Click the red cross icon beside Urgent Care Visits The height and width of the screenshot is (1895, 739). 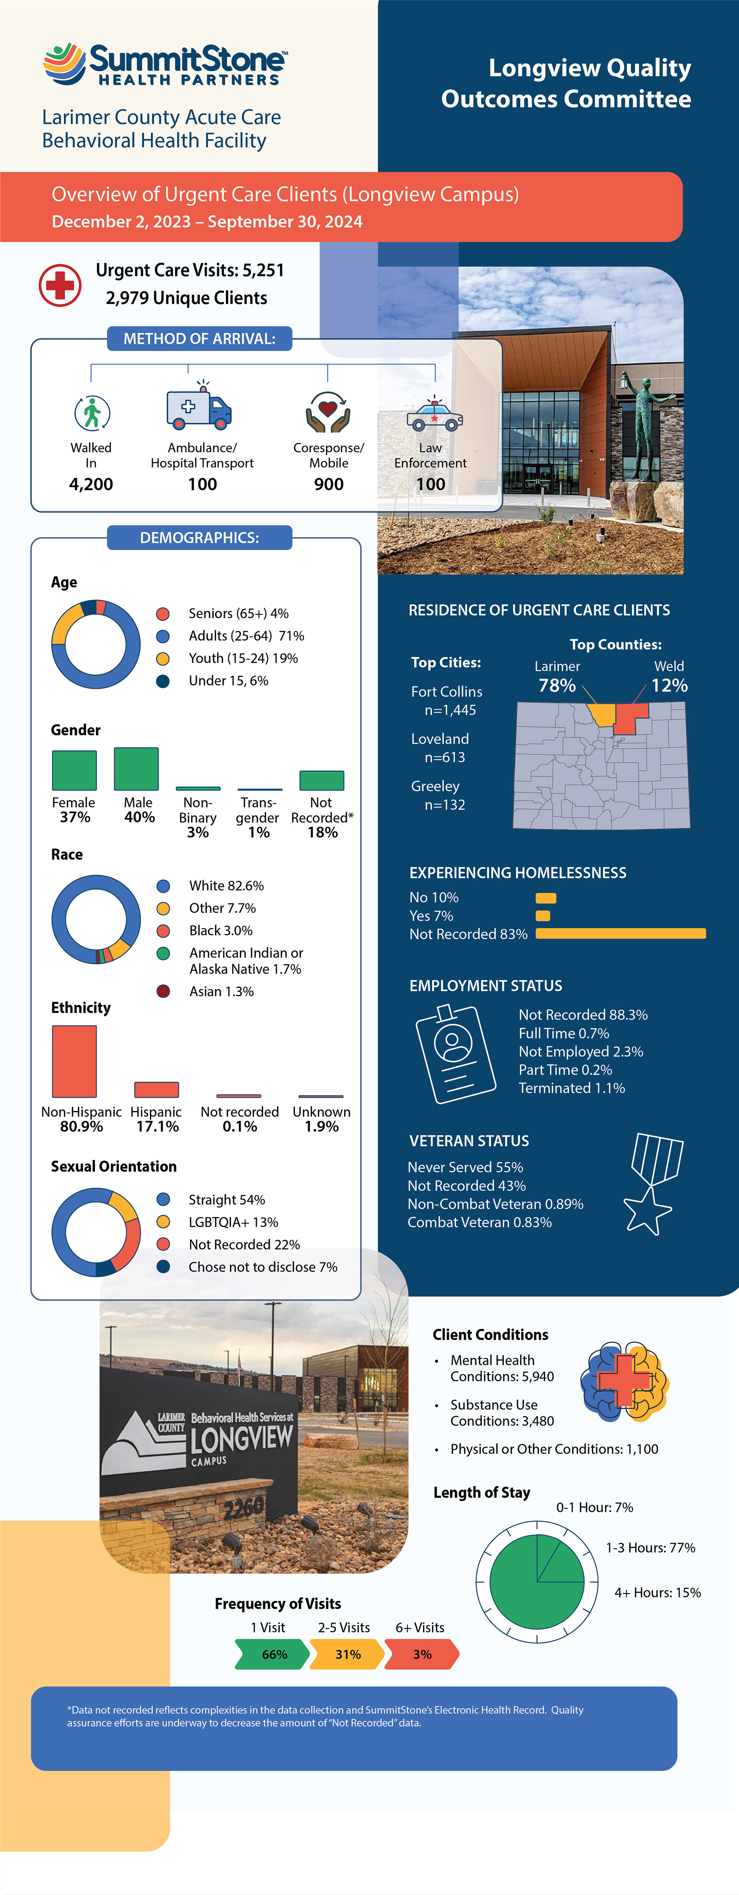[x=60, y=285]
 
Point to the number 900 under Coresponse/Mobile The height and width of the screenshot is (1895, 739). [x=329, y=484]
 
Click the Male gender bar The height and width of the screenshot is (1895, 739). [x=136, y=769]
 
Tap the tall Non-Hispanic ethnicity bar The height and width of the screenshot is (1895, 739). [x=74, y=1061]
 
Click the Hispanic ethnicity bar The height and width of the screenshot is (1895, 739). [x=157, y=1090]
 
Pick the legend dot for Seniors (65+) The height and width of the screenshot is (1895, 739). [x=163, y=614]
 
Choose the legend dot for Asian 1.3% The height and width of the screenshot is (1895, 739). [x=163, y=991]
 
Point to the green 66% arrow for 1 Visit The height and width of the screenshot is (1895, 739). [x=272, y=1654]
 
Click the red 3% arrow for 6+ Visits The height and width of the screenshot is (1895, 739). [x=421, y=1654]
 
